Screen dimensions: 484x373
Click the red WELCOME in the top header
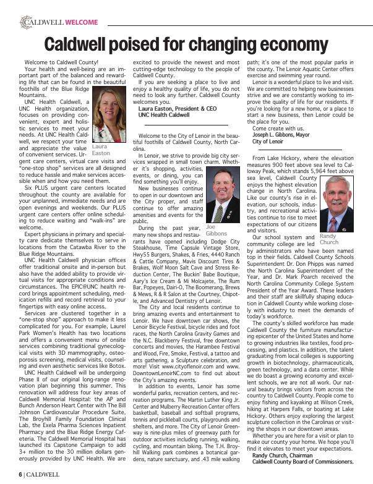click(x=81, y=22)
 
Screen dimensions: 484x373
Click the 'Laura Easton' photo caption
click(x=100, y=150)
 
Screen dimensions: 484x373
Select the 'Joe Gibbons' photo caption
click(x=216, y=231)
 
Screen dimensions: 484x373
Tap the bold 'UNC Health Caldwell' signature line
click(x=163, y=115)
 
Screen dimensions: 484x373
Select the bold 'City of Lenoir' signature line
click(x=269, y=141)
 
